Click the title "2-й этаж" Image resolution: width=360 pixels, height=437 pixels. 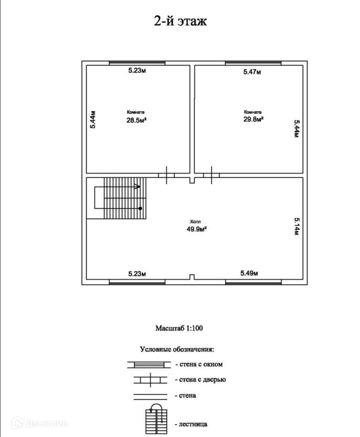[x=180, y=22]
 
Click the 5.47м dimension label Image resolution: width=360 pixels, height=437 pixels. [x=253, y=72]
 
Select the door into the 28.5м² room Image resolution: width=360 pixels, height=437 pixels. [x=167, y=175]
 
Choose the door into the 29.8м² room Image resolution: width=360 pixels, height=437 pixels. [x=211, y=175]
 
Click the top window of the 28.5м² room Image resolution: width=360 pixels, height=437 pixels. [x=137, y=63]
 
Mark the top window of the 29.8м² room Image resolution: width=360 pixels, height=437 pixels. [x=253, y=63]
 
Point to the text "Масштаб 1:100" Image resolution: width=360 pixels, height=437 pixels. [x=179, y=329]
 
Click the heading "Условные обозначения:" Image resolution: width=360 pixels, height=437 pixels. [x=177, y=349]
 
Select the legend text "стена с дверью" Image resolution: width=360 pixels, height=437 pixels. [x=205, y=379]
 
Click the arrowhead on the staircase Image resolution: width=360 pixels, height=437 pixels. [x=137, y=186]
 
